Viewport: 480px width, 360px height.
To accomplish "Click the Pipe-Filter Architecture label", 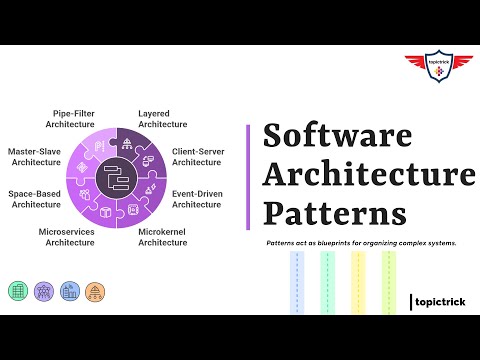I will [71, 118].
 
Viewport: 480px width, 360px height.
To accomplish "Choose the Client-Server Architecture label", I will [197, 156].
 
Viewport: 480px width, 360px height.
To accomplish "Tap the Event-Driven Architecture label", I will [196, 197].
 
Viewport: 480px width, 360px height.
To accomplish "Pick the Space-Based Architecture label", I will [36, 197].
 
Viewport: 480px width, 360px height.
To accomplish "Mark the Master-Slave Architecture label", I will [36, 156].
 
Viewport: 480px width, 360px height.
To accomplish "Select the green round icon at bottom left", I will [18, 291].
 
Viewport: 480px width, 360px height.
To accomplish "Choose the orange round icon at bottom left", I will [94, 291].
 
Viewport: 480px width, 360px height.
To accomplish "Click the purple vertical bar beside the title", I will [247, 176].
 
